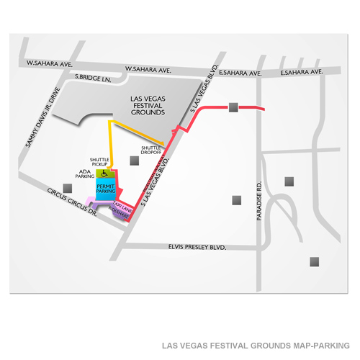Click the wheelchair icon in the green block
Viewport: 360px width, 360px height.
pyautogui.click(x=104, y=173)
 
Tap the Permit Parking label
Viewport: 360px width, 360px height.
pyautogui.click(x=105, y=189)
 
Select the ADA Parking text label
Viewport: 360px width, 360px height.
pyautogui.click(x=85, y=175)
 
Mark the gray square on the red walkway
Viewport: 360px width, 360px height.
pyautogui.click(x=233, y=108)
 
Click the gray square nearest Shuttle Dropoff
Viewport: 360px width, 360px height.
pyautogui.click(x=133, y=161)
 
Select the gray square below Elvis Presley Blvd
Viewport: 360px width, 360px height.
pyautogui.click(x=314, y=262)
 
